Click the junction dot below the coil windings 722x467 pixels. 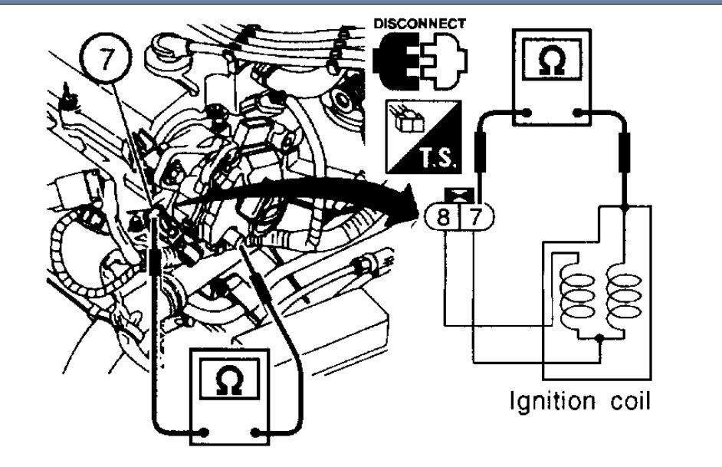click(600, 337)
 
